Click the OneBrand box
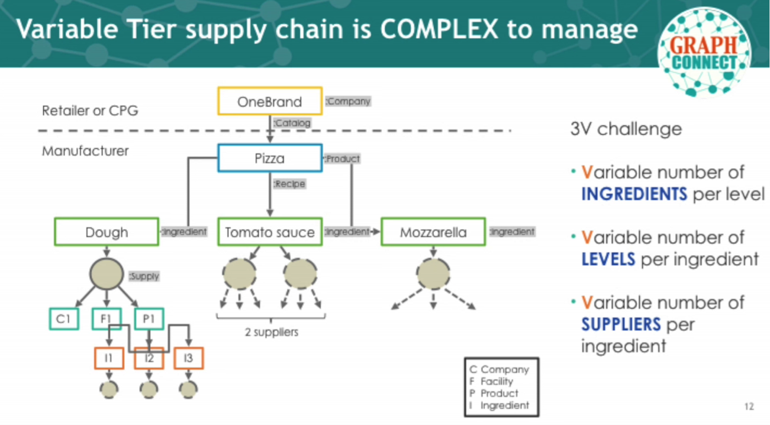click(x=270, y=101)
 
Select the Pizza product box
click(x=270, y=158)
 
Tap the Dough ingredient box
click(x=107, y=232)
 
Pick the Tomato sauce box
click(x=270, y=232)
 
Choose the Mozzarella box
click(x=433, y=232)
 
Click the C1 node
click(x=64, y=318)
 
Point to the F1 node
click(x=107, y=318)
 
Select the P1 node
click(x=149, y=318)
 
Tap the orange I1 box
click(x=109, y=358)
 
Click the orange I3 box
click(x=188, y=358)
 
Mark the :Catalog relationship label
click(x=292, y=123)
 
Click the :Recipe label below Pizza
click(x=289, y=184)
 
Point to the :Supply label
click(x=144, y=276)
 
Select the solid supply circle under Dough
click(x=107, y=274)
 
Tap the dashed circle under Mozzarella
click(x=433, y=274)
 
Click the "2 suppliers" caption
click(x=272, y=332)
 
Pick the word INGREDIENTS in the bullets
click(x=634, y=194)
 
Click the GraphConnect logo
click(x=704, y=51)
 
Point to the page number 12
click(x=749, y=407)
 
